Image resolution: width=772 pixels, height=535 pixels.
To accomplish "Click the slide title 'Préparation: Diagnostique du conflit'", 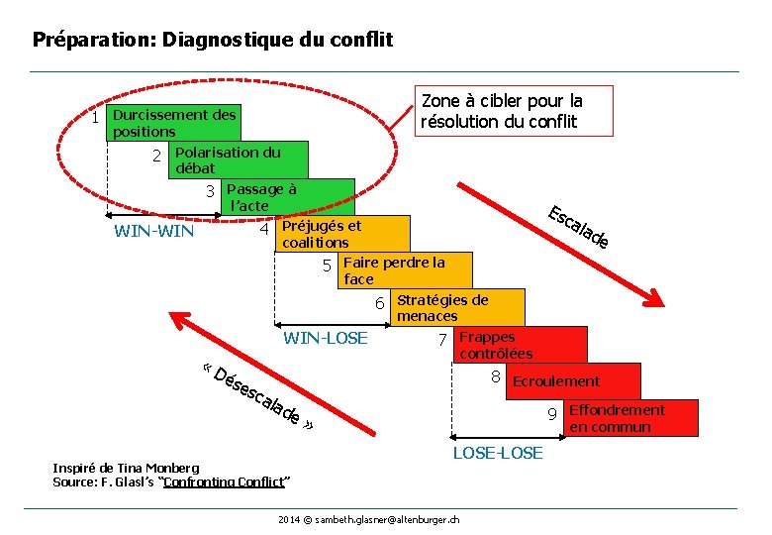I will pyautogui.click(x=213, y=41).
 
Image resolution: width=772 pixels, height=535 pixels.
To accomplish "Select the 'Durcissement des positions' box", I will pyautogui.click(x=174, y=123).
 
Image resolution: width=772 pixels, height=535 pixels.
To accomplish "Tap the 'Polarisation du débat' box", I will pyautogui.click(x=238, y=160).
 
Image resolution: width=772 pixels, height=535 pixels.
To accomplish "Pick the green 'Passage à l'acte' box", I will pyautogui.click(x=287, y=196).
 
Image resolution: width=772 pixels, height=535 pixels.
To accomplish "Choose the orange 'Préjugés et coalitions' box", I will pyautogui.click(x=342, y=234).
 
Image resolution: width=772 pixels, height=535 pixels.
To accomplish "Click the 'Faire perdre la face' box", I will pyautogui.click(x=405, y=270).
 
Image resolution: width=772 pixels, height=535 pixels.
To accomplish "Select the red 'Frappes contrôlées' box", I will pyautogui.click(x=521, y=345).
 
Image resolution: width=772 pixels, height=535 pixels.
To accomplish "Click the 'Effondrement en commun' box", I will pyautogui.click(x=630, y=418).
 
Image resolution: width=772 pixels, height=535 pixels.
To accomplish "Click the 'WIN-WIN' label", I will pyautogui.click(x=154, y=233).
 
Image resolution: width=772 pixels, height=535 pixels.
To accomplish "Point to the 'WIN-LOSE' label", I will pyautogui.click(x=326, y=339).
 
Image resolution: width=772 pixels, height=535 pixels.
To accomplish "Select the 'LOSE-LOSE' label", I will pyautogui.click(x=498, y=453).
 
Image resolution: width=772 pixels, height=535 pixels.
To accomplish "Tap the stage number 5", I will pyautogui.click(x=327, y=266).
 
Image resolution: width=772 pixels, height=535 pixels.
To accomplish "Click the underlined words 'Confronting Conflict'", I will pyautogui.click(x=224, y=482).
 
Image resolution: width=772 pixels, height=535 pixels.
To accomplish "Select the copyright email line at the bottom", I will pyautogui.click(x=368, y=519).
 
